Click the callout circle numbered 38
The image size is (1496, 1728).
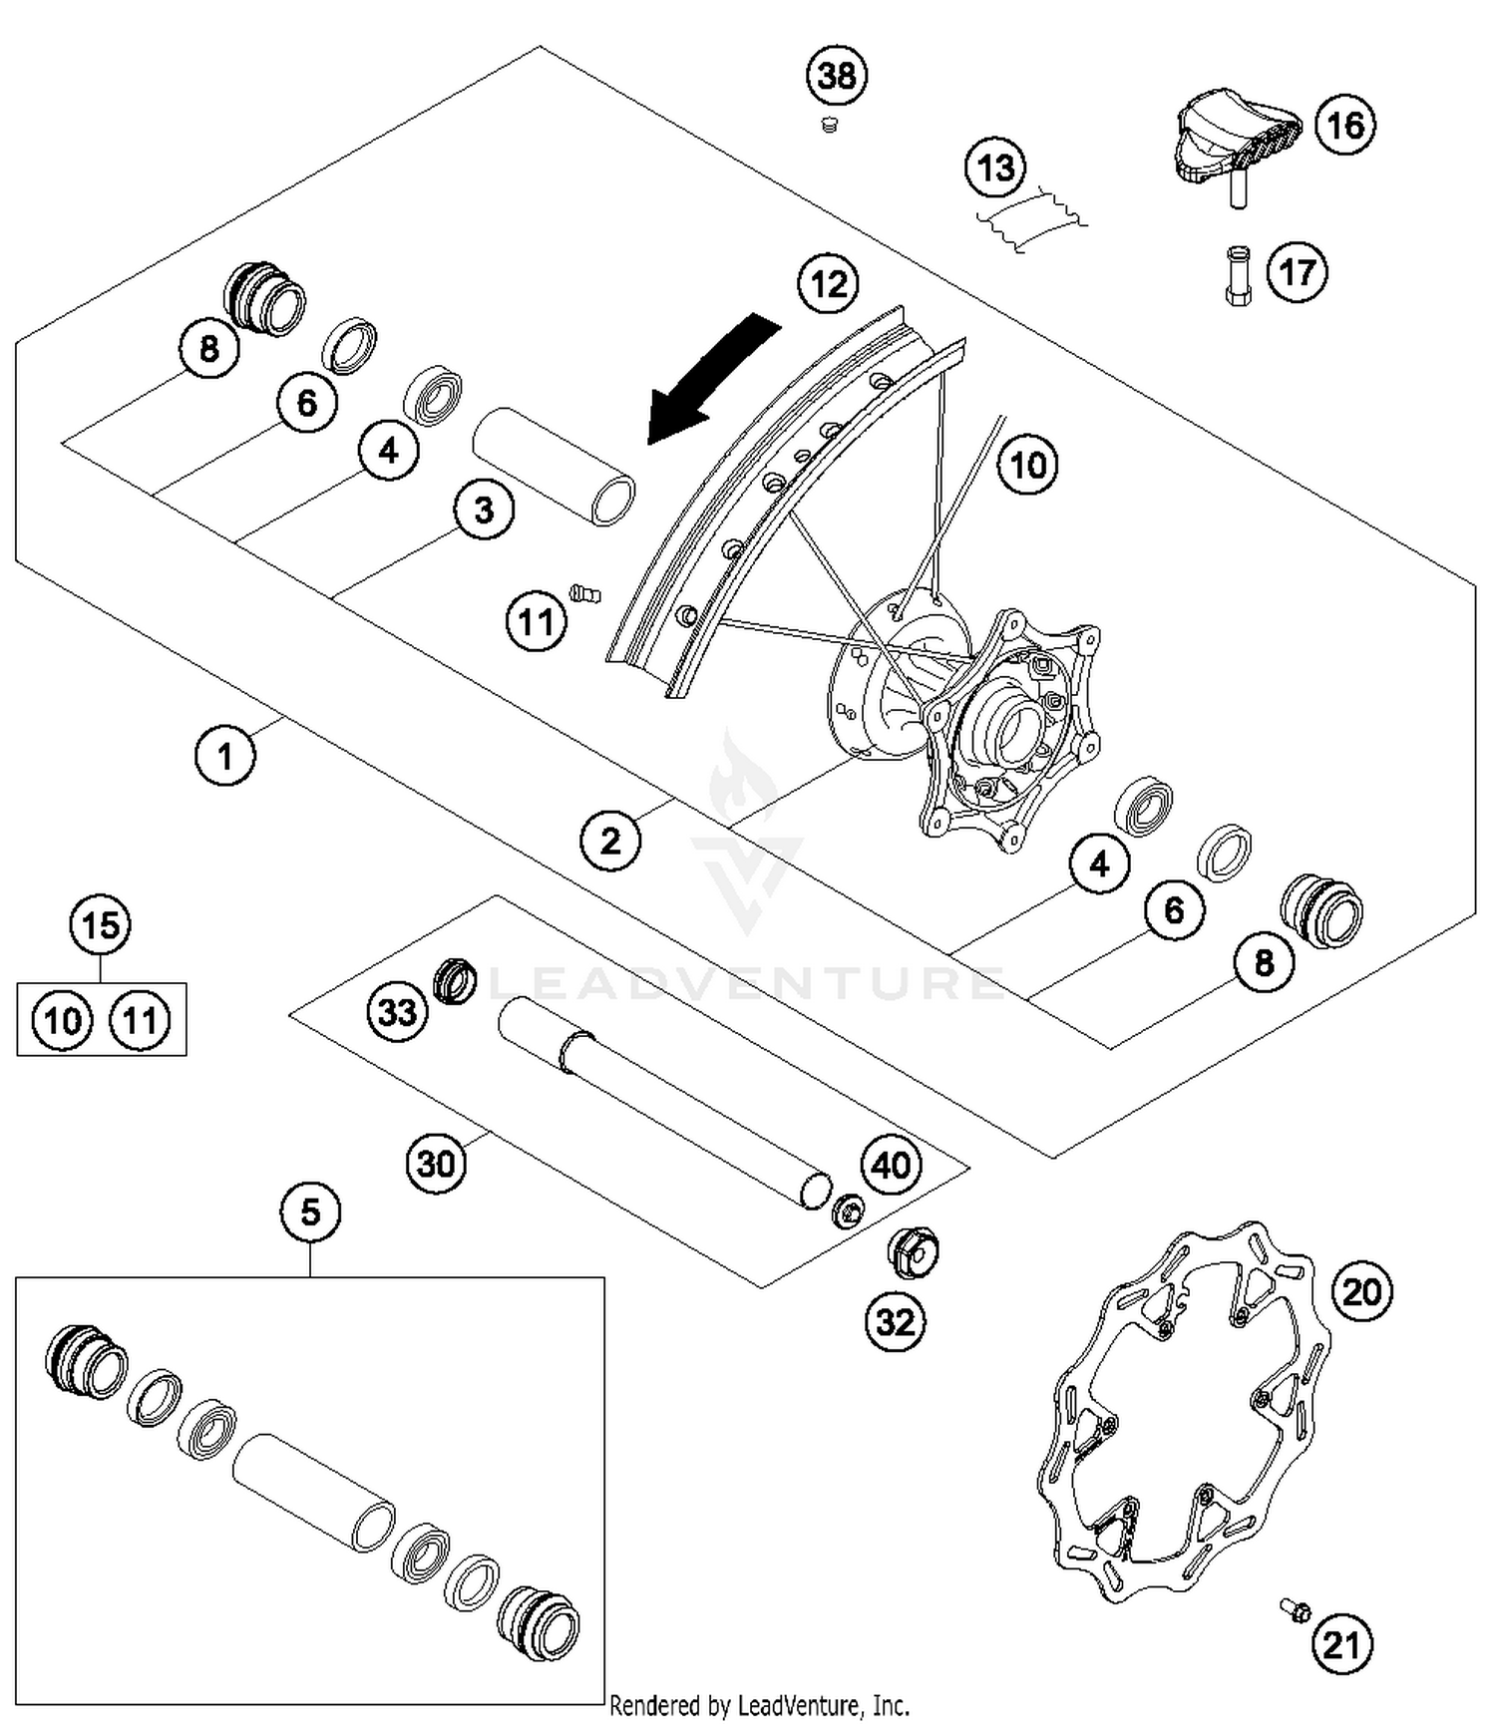pyautogui.click(x=837, y=75)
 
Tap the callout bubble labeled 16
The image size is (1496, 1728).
pyautogui.click(x=1345, y=126)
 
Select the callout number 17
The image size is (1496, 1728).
pyautogui.click(x=1298, y=271)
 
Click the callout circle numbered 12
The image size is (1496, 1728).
pyautogui.click(x=829, y=284)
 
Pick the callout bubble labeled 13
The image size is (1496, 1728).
pyautogui.click(x=996, y=169)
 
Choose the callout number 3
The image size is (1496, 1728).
pyautogui.click(x=484, y=511)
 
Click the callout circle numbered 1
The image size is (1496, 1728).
pyautogui.click(x=225, y=755)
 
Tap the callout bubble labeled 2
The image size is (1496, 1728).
pyautogui.click(x=610, y=840)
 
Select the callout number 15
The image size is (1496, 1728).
pyautogui.click(x=101, y=924)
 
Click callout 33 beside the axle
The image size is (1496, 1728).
pyautogui.click(x=397, y=1011)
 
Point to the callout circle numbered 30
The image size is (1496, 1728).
pyautogui.click(x=436, y=1162)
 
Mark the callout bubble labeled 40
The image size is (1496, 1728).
pyautogui.click(x=892, y=1164)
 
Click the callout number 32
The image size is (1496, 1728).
pyautogui.click(x=895, y=1321)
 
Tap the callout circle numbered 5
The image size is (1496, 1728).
pyautogui.click(x=311, y=1211)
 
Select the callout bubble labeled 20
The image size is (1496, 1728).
pyautogui.click(x=1362, y=1291)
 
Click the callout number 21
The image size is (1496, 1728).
pyautogui.click(x=1341, y=1643)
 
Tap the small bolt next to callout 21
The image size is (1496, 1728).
pyautogui.click(x=1295, y=1608)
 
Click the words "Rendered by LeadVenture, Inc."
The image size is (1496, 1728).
pyautogui.click(x=759, y=1705)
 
